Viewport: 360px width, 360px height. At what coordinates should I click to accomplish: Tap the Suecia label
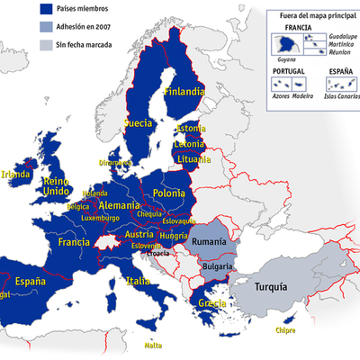click(x=138, y=122)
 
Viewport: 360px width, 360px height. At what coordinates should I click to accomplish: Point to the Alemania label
click(x=119, y=205)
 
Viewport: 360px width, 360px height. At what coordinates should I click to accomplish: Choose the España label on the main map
click(x=30, y=281)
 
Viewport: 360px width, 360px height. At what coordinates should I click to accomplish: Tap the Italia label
click(x=139, y=282)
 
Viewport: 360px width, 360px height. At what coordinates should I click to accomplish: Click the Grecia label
click(x=212, y=303)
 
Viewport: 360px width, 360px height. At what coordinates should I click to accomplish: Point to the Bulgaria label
click(x=217, y=266)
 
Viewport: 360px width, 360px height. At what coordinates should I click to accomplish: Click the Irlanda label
click(x=16, y=175)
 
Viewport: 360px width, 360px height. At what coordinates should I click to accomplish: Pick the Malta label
click(x=154, y=345)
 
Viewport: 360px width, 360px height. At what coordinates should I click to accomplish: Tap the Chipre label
click(x=285, y=330)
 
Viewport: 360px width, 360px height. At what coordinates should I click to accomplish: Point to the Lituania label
click(x=193, y=159)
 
